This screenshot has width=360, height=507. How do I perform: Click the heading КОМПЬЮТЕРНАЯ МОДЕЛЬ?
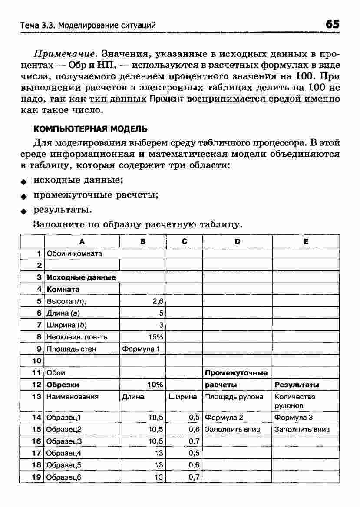point(90,129)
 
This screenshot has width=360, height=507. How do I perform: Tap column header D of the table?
point(238,241)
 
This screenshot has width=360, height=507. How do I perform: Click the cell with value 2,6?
point(143,301)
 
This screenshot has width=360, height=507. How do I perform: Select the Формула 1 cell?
point(143,349)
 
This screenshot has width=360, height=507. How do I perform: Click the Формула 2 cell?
point(238,418)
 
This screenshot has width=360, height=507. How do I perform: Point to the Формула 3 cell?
point(306,418)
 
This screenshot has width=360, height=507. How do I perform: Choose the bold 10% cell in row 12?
point(143,385)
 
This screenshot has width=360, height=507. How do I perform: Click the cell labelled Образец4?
point(82,453)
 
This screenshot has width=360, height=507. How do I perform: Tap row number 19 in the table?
point(36,477)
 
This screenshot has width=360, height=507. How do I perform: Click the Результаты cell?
point(306,385)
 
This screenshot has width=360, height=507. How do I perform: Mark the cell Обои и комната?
point(82,253)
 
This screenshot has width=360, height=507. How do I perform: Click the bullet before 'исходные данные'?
point(25,181)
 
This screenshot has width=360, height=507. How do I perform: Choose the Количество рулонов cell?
point(306,401)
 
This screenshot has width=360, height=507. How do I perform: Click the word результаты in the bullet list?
point(62,210)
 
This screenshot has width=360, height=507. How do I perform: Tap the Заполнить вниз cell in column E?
point(306,429)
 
